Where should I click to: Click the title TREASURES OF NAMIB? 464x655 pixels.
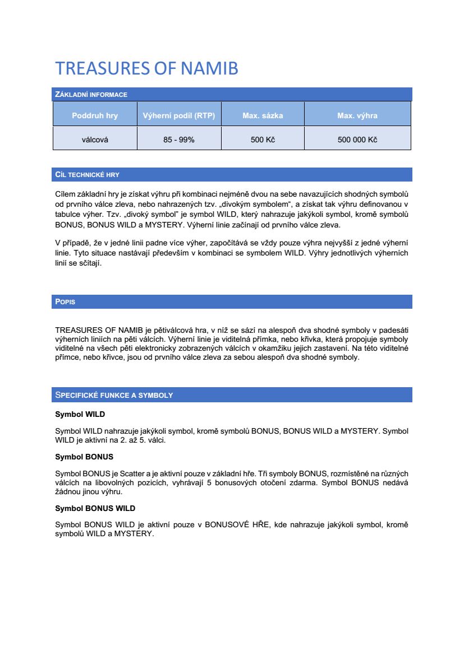click(146, 68)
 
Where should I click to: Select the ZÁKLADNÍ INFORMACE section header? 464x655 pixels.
click(91, 95)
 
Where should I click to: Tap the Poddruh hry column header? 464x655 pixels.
click(95, 116)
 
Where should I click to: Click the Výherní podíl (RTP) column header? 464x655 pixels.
click(179, 116)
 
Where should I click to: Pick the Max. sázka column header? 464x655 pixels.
click(263, 116)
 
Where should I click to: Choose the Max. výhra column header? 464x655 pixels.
click(357, 116)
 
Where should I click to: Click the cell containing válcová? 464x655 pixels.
click(95, 140)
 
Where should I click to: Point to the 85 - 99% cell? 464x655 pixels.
click(179, 140)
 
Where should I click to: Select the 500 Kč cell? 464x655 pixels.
click(263, 140)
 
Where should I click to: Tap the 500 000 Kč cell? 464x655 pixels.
click(357, 140)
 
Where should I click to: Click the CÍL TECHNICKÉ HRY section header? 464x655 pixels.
click(87, 175)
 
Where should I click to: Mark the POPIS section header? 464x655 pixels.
click(65, 302)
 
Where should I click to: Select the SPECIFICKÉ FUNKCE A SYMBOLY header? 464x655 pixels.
click(114, 395)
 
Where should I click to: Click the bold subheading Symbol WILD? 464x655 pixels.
click(80, 415)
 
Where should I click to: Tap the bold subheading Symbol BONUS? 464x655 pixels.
click(84, 457)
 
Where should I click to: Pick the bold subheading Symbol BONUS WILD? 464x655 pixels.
click(95, 508)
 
